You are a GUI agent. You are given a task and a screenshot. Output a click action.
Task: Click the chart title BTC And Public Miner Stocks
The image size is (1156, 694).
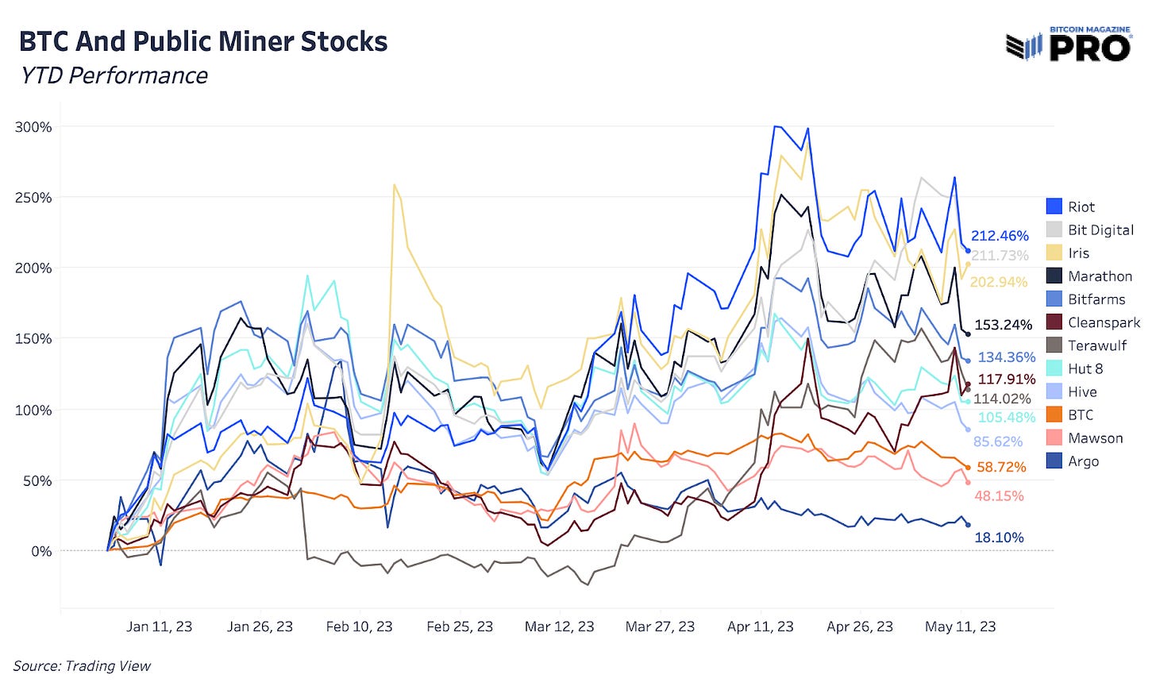coord(203,41)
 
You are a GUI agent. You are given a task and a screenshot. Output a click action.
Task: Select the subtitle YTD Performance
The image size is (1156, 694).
coord(114,75)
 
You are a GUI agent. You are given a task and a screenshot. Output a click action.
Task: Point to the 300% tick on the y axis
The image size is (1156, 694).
coord(33,127)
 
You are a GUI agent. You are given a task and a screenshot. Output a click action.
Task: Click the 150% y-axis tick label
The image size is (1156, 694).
coord(33,339)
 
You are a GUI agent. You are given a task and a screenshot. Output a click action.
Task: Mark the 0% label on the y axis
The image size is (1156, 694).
coord(41,551)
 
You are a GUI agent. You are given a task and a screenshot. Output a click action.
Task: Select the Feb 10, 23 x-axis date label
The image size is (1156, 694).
coord(359,627)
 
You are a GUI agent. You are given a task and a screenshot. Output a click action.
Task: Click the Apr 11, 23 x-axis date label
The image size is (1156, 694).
coord(760,627)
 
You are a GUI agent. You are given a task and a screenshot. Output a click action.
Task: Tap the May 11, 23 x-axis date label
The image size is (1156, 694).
coord(960,627)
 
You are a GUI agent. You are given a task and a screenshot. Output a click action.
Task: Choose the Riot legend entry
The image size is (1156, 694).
coord(1081,206)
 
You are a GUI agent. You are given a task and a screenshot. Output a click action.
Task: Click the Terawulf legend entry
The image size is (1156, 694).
coord(1096,345)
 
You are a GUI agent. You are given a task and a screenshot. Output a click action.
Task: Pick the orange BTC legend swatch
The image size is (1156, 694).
coord(1054,414)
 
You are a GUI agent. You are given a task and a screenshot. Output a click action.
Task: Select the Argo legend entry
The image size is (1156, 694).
coord(1083,461)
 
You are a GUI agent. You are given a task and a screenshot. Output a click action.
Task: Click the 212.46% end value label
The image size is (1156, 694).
coord(1000,236)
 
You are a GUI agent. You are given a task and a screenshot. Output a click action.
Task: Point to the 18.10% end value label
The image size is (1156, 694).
coord(999,538)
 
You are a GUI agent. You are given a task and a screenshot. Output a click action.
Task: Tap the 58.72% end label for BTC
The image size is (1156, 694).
coord(1001,467)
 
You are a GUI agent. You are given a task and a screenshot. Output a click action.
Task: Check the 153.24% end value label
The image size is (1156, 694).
coord(1003,325)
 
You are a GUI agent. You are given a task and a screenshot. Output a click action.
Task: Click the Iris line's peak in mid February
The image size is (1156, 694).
coord(395,185)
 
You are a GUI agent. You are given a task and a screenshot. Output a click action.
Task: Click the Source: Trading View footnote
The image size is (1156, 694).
coord(82,666)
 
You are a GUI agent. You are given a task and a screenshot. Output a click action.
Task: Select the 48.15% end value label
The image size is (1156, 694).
coord(999,496)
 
